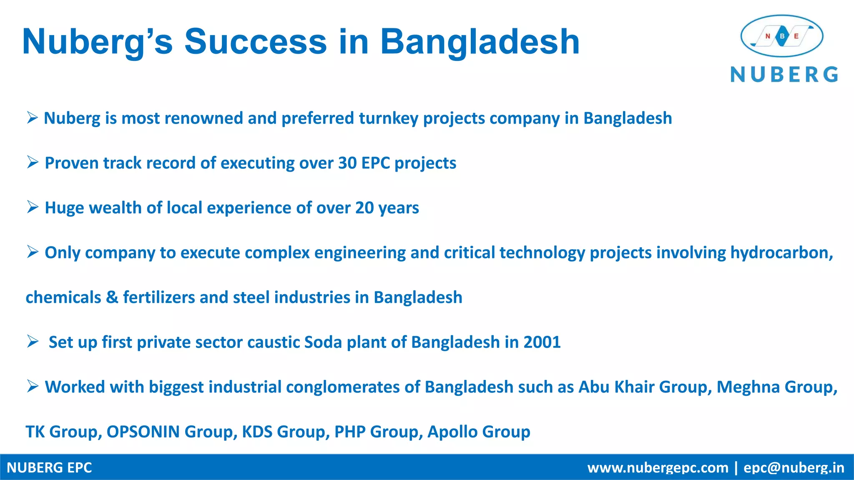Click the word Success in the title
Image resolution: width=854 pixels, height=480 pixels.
tap(255, 42)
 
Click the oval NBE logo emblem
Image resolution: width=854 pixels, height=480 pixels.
tap(782, 36)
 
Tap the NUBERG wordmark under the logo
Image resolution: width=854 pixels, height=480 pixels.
tap(784, 75)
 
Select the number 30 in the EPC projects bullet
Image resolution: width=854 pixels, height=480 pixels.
tap(347, 163)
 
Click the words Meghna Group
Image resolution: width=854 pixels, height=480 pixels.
tap(776, 387)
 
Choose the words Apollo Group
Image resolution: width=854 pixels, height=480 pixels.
tap(479, 432)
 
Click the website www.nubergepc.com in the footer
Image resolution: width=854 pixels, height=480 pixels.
tap(658, 467)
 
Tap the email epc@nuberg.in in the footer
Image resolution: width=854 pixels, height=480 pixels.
tap(794, 467)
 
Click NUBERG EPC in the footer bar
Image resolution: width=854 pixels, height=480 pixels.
tap(49, 467)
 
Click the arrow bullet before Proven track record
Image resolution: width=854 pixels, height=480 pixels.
tap(33, 162)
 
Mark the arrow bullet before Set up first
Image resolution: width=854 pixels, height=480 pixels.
tap(33, 341)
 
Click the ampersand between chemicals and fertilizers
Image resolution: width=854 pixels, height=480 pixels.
tap(112, 297)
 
